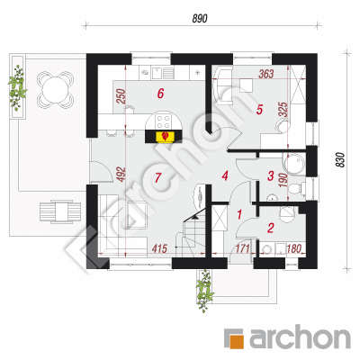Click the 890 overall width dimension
(x=200, y=19)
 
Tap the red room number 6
(x=161, y=94)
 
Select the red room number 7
(x=158, y=177)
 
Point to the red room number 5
(x=259, y=110)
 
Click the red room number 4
(x=225, y=175)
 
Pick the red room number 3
(x=271, y=175)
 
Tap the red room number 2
(x=270, y=228)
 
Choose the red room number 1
(x=239, y=215)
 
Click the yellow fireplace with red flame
(x=165, y=137)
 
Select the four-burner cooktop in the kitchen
(x=163, y=121)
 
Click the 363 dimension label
(x=266, y=74)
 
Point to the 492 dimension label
(x=121, y=175)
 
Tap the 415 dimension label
(x=159, y=248)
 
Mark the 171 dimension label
(x=243, y=248)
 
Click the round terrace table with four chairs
(x=55, y=89)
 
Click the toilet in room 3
(x=295, y=189)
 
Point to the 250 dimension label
(x=121, y=96)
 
